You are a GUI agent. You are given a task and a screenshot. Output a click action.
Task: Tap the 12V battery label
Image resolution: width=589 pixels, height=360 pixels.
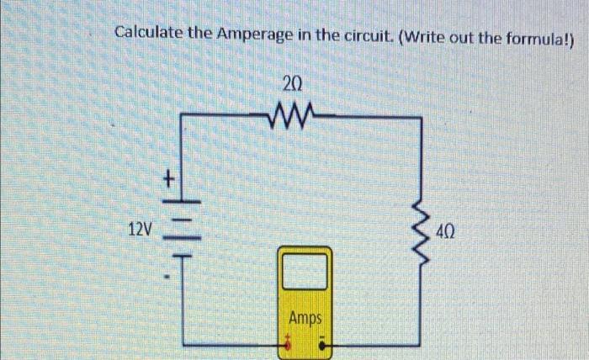point(141,229)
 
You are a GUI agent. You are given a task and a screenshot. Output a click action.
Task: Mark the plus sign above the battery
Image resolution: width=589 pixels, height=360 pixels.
point(169,179)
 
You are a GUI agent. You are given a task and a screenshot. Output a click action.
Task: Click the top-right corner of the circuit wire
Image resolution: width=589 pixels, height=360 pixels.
point(420,119)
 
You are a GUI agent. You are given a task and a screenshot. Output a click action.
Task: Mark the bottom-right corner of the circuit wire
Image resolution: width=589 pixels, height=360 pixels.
point(420,344)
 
